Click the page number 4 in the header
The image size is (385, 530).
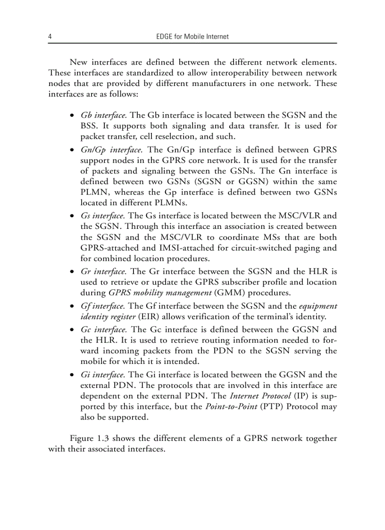pyautogui.click(x=50, y=36)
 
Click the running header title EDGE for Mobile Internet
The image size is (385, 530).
pyautogui.click(x=192, y=36)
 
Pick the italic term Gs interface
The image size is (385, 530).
pyautogui.click(x=102, y=216)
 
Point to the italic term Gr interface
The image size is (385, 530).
pyautogui.click(x=103, y=271)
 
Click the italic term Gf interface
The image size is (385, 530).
pyautogui.click(x=102, y=306)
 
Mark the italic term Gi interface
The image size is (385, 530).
pyautogui.click(x=102, y=375)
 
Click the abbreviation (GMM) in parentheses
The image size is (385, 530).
pyautogui.click(x=216, y=293)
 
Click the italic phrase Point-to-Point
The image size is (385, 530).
pyautogui.click(x=231, y=407)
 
